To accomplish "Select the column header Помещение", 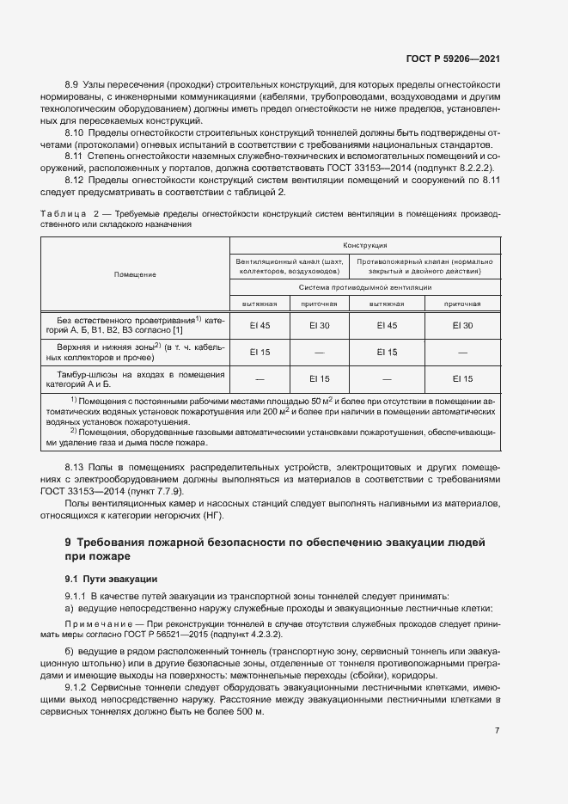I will [x=135, y=274].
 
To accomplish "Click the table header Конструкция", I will [x=365, y=245].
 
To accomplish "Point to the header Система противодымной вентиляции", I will [x=365, y=287].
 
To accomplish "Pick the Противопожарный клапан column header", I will [x=424, y=266].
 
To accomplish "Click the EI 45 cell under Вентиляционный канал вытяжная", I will [x=260, y=325].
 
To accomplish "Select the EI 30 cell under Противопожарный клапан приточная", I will [x=462, y=325].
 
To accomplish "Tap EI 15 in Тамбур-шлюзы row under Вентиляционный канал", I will [x=319, y=379].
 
